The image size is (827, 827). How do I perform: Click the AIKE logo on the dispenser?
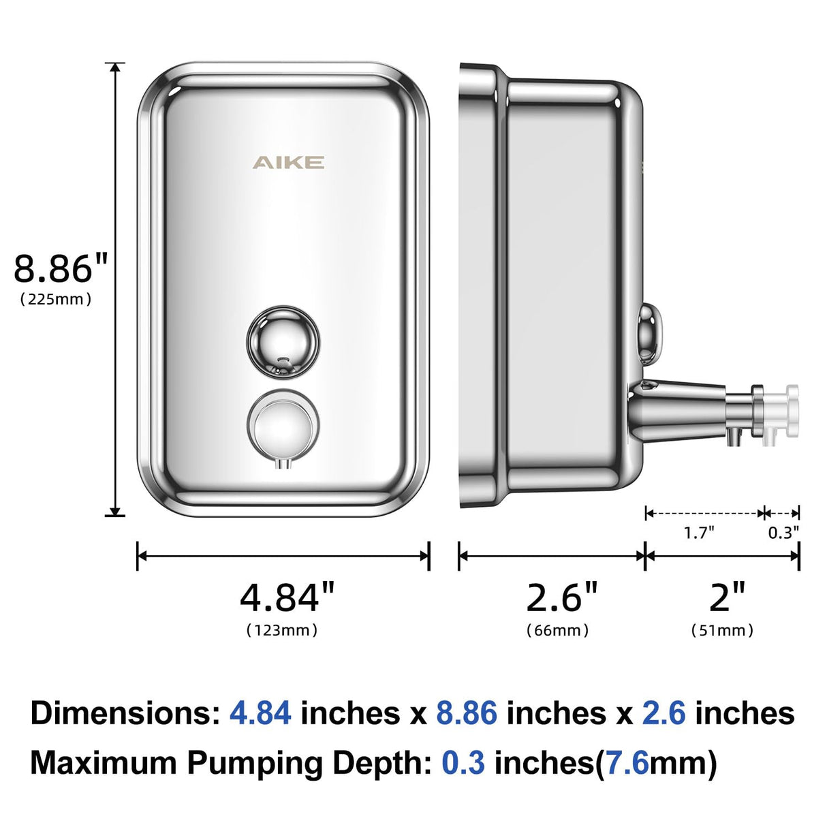coord(288,162)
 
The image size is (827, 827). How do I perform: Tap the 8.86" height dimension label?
coord(61,268)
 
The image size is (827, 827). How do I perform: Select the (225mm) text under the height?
coord(56,299)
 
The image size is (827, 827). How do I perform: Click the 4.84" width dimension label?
coord(287,597)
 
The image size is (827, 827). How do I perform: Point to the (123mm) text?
coord(282,630)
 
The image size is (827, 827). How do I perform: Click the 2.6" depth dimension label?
coord(561,597)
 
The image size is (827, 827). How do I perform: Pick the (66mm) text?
coord(557,630)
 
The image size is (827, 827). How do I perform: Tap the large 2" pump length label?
coord(727,597)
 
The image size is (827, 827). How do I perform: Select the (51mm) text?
coord(722,630)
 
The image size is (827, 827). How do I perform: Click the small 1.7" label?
coord(699,532)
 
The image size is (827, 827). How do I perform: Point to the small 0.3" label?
coord(783,532)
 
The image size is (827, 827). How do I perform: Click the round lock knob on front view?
coord(282,341)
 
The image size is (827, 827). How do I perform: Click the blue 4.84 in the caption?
coord(260,713)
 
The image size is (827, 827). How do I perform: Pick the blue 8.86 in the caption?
coord(467,713)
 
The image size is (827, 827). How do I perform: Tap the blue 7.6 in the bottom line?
coord(627,762)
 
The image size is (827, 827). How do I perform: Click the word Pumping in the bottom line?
coord(255,762)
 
